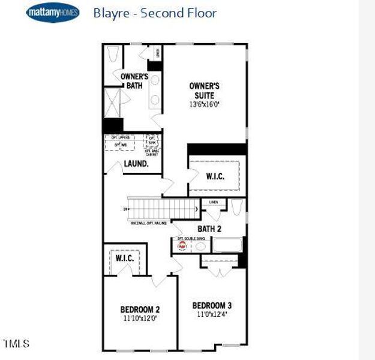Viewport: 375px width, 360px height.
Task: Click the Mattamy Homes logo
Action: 53,13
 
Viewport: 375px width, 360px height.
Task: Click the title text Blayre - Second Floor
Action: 155,13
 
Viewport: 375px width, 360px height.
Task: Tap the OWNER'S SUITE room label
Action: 205,91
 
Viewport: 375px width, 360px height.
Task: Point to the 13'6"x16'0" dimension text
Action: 205,104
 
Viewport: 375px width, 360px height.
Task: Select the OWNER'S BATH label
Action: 134,81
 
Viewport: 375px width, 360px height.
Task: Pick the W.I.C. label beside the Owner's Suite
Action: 215,176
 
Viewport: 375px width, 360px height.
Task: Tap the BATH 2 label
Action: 210,229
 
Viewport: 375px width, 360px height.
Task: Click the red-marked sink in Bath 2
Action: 182,245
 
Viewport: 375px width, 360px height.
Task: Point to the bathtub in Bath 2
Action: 227,245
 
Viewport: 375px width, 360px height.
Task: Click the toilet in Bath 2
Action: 236,209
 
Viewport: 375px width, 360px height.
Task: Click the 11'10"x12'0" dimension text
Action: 140,319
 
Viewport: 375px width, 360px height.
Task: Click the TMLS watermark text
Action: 16,344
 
